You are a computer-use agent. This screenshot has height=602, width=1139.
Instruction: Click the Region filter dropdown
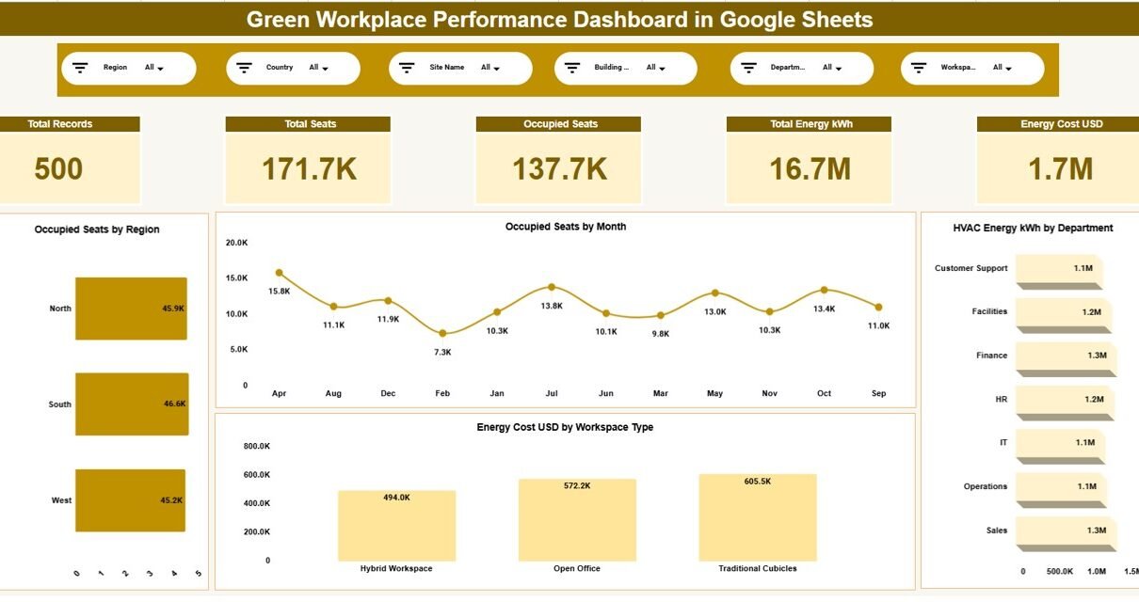tap(129, 68)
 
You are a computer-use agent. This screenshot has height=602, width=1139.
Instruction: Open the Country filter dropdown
tap(293, 68)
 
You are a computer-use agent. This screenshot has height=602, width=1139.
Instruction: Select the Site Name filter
tap(460, 68)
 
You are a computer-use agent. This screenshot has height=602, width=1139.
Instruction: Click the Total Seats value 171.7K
tap(309, 169)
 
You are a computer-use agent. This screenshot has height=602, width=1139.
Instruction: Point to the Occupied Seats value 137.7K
tap(559, 169)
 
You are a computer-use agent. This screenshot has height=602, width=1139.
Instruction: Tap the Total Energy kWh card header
tap(809, 124)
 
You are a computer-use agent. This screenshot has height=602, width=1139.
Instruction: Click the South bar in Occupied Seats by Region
tap(132, 404)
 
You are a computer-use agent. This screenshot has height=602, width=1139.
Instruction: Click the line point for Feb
tap(442, 333)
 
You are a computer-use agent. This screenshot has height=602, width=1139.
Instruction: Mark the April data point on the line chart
tap(279, 273)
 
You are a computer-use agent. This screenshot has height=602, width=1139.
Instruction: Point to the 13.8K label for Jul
tap(552, 306)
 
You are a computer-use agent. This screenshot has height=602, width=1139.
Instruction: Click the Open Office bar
tap(577, 520)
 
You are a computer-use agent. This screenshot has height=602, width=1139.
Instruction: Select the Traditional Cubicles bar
tap(758, 517)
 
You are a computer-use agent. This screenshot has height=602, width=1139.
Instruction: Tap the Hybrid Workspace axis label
tap(396, 568)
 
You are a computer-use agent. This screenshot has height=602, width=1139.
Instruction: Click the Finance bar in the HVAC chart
tap(1066, 356)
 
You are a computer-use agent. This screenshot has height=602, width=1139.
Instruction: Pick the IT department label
tap(1003, 442)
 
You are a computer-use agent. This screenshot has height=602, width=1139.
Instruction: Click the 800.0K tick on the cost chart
tap(256, 446)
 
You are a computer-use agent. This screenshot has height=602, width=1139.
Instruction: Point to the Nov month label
tap(770, 393)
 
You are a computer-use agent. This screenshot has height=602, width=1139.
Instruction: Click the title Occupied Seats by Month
tap(565, 227)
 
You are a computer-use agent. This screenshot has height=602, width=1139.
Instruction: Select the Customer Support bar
tap(1058, 269)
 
